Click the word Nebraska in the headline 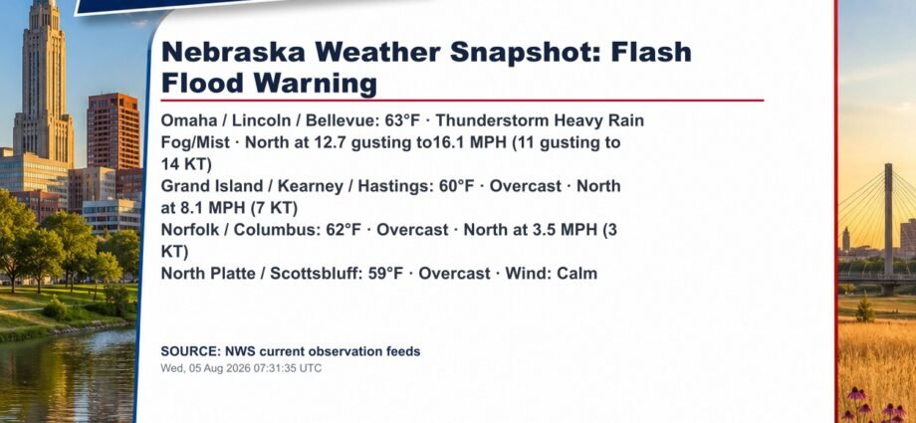point(233,52)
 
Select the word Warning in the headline point(315,85)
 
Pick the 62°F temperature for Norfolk point(343,230)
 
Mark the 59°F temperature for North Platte point(385,274)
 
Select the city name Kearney point(311,187)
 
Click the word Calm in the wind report point(577,274)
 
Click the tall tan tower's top point(45,6)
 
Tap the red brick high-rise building point(114,131)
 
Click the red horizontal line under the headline point(462,101)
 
